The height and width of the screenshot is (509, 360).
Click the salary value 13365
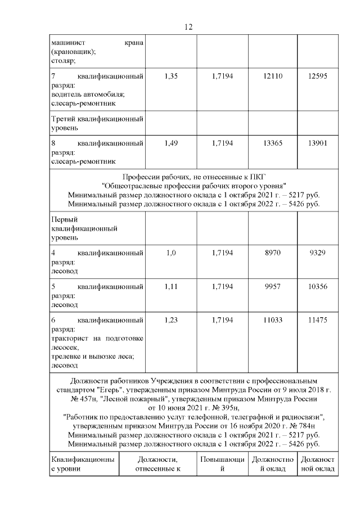(272, 143)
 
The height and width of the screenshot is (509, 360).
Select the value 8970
(272, 253)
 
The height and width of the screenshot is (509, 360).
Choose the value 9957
(272, 286)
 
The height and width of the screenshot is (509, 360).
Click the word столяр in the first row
(63, 61)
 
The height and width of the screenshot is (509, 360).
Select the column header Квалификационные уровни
(83, 464)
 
